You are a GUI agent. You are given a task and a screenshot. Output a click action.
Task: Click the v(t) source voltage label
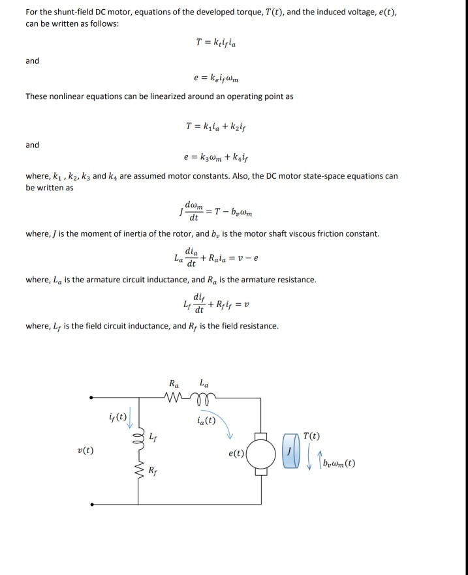[x=86, y=451]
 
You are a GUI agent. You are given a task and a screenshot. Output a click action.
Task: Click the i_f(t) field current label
[x=118, y=415]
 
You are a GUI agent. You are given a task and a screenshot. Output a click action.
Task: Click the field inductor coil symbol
[x=138, y=435]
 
